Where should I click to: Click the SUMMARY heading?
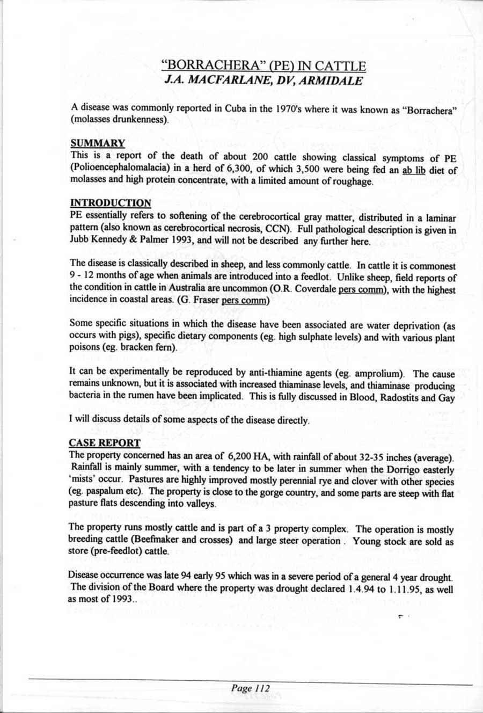coord(98,143)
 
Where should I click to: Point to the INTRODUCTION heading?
coord(111,203)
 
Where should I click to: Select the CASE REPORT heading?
coord(105,443)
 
